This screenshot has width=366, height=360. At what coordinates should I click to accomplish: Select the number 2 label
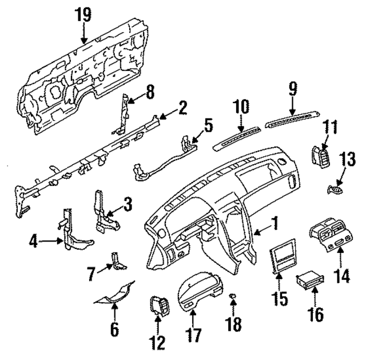(182, 108)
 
